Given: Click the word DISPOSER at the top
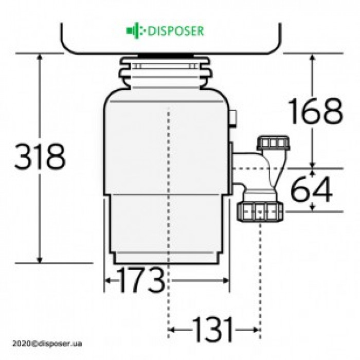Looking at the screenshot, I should click(x=176, y=30).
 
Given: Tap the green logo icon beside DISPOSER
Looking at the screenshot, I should click(x=133, y=30).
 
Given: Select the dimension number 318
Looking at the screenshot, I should click(x=40, y=157).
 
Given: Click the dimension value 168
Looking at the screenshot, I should click(x=315, y=111).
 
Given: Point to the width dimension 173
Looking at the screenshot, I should click(x=140, y=280).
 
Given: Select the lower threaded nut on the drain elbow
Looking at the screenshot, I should click(x=261, y=210).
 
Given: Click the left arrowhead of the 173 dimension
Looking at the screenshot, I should click(x=108, y=280).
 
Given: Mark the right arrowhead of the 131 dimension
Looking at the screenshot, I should click(x=256, y=328).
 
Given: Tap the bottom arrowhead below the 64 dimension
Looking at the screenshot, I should click(x=312, y=208).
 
